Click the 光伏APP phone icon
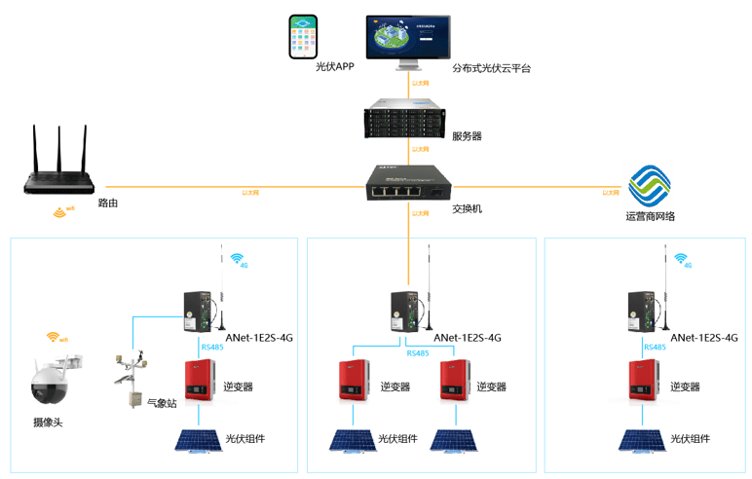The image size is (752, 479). coord(305,36)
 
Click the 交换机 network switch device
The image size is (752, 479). coord(406,184)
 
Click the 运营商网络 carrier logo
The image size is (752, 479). coord(650,185)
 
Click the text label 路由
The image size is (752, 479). coord(108,203)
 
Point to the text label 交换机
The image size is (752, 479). coord(467,208)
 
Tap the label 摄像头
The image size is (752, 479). coord(48,422)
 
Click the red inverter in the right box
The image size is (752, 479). coord(643,382)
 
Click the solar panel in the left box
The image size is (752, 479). coord(198,439)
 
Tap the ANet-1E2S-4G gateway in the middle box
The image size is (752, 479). coord(404,311)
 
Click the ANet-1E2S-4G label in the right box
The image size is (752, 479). coord(704,338)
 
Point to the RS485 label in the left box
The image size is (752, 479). coord(213,347)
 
